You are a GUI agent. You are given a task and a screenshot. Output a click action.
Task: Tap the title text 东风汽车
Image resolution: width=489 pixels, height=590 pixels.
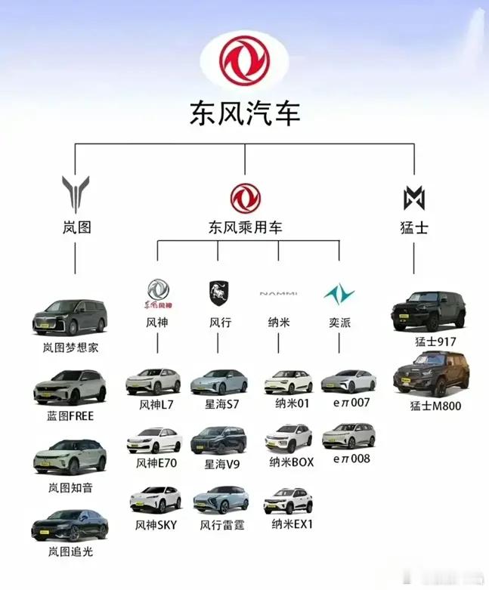pyautogui.click(x=244, y=113)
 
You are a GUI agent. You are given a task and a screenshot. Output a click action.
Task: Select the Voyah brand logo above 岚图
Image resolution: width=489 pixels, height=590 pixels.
pyautogui.click(x=76, y=193)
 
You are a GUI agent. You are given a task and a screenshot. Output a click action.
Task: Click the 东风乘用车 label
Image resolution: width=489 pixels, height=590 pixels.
pyautogui.click(x=245, y=227)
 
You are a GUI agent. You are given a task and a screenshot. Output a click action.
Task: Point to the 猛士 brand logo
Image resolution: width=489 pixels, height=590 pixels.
pyautogui.click(x=414, y=198)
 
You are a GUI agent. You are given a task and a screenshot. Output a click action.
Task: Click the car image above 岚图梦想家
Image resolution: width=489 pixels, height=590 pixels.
pyautogui.click(x=70, y=317)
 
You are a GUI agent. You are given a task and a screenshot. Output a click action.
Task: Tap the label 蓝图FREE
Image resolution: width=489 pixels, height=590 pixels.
pyautogui.click(x=70, y=416)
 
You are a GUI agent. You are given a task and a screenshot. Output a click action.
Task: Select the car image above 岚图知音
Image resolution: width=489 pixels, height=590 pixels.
pyautogui.click(x=70, y=456)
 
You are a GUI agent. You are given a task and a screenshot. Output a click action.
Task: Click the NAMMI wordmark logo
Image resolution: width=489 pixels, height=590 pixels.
pyautogui.click(x=278, y=293)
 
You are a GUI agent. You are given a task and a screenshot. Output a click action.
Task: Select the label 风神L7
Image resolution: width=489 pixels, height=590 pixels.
pyautogui.click(x=156, y=404)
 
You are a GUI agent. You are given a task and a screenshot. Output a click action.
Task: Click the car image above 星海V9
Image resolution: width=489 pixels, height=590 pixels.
pyautogui.click(x=219, y=440)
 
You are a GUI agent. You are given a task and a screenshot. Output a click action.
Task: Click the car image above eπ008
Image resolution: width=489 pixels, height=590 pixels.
pyautogui.click(x=348, y=436)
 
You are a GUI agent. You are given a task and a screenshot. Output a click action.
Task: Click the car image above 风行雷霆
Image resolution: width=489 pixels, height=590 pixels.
pyautogui.click(x=221, y=500)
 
